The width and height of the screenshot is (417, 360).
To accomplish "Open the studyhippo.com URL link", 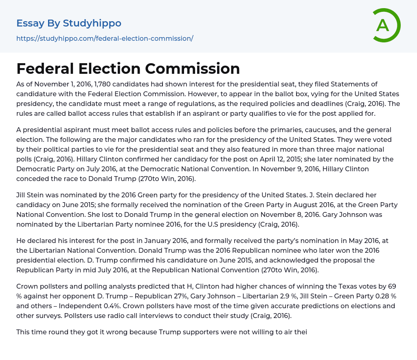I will pyautogui.click(x=105, y=38).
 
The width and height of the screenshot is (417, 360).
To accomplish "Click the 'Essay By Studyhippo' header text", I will pyautogui.click(x=69, y=23).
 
